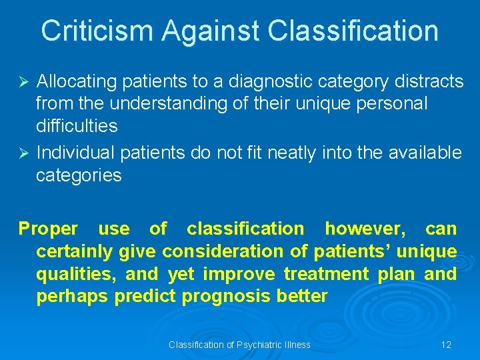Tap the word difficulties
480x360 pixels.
(76, 126)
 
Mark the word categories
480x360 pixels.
(79, 175)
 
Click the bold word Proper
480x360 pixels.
(48, 229)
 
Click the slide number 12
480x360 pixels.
(446, 345)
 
